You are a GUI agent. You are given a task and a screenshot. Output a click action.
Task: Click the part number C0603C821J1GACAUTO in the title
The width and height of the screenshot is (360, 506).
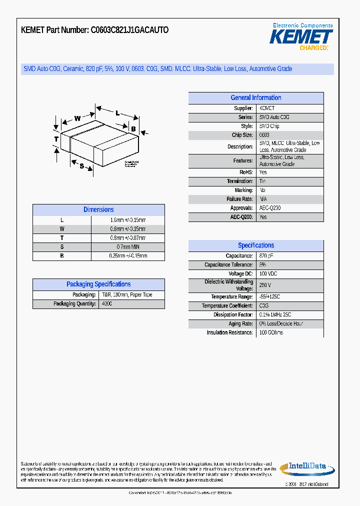[129, 30]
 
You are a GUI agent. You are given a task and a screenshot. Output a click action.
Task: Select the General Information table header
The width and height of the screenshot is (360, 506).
[255, 98]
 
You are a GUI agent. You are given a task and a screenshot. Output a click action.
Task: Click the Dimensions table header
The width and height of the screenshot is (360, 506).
[98, 210]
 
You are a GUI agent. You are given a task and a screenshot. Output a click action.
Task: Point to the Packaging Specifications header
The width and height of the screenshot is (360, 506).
[98, 284]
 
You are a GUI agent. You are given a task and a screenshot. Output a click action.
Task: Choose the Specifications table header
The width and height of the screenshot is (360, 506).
[255, 245]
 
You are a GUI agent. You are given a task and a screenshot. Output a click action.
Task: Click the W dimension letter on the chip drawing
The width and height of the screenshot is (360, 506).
[77, 118]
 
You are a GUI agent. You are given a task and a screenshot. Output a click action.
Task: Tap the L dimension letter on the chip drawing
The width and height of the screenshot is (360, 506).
[117, 113]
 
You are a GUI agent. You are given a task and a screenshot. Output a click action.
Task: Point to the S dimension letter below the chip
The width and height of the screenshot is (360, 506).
[82, 166]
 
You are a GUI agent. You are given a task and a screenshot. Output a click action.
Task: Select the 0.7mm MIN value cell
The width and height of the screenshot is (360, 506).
[127, 247]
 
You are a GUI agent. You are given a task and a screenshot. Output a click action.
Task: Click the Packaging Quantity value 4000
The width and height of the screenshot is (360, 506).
[107, 304]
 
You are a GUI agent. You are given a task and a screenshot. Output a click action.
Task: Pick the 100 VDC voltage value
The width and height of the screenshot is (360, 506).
[268, 274]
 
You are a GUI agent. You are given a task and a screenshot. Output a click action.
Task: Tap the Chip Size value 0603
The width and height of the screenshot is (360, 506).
[264, 135]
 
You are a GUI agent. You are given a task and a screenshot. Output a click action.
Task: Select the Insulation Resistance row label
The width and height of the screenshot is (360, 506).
[229, 333]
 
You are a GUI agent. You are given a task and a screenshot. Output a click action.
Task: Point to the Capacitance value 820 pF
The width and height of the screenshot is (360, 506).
[266, 256]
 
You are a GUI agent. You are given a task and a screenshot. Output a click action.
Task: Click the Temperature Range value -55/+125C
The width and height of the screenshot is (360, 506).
[270, 297]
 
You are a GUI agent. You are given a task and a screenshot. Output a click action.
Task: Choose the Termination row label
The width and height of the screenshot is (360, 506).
[239, 181]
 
